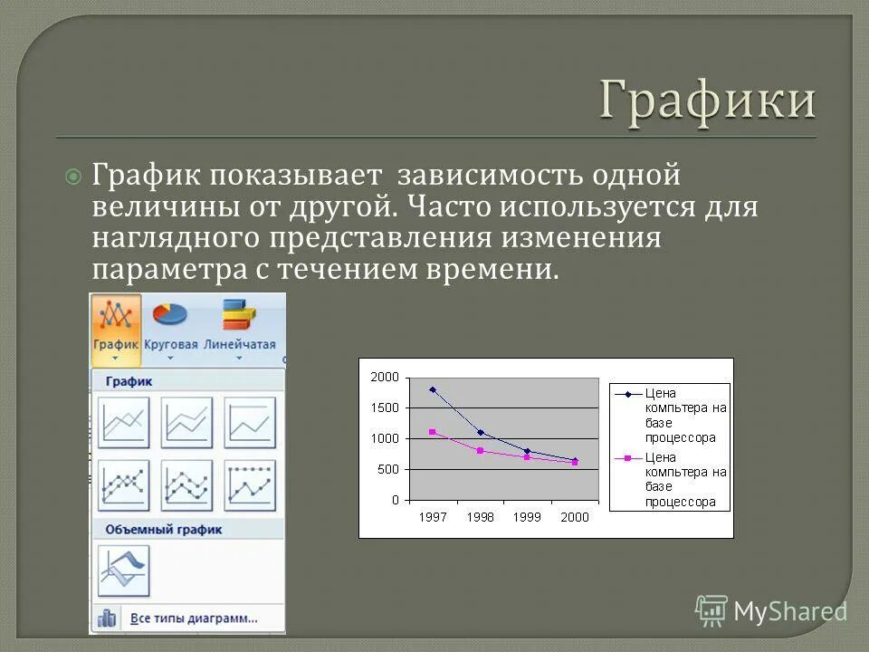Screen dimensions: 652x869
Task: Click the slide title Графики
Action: click(x=707, y=101)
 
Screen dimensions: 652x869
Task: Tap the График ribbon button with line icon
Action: click(x=116, y=326)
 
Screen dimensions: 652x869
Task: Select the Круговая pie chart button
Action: click(x=169, y=326)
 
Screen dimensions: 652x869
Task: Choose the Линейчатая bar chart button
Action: click(x=239, y=326)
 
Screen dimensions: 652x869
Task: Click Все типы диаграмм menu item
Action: click(x=194, y=618)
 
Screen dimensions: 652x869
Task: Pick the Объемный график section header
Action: click(x=163, y=529)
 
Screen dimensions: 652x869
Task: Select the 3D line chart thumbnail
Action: click(x=124, y=570)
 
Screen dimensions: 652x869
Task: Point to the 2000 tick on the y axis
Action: click(x=384, y=377)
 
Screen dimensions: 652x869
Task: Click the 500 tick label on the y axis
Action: click(x=387, y=469)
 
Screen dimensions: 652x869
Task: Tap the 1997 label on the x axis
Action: click(x=432, y=517)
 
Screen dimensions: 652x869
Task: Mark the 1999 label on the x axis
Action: click(x=527, y=517)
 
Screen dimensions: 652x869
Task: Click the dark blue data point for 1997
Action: click(x=433, y=389)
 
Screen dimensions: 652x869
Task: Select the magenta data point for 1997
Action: click(x=433, y=432)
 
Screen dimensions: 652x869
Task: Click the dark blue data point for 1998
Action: click(x=481, y=433)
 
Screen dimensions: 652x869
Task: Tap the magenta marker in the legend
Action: click(x=626, y=458)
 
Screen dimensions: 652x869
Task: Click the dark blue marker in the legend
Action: click(x=626, y=394)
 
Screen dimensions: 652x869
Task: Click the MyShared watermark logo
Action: click(x=771, y=611)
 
